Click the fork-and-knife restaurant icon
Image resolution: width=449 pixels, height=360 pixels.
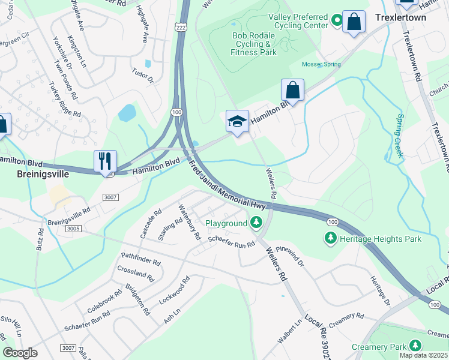[x=104, y=161]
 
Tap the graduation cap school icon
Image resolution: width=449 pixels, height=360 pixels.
[x=237, y=121]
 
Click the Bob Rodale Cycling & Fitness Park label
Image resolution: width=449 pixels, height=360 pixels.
[x=254, y=44]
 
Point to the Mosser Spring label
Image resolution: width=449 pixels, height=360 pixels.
[x=321, y=65]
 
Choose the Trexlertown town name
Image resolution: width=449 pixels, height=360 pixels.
[x=400, y=18]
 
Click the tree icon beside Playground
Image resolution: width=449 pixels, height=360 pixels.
[x=256, y=223]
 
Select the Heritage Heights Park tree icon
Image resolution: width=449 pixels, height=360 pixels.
[x=330, y=239]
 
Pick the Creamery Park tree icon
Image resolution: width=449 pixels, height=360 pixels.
[x=415, y=346]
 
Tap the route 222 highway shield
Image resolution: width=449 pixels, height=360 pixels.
[x=181, y=28]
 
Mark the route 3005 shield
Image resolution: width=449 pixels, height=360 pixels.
[x=73, y=229]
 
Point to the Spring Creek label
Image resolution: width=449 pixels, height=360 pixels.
[x=398, y=136]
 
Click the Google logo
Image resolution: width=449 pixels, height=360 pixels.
[x=20, y=353]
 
